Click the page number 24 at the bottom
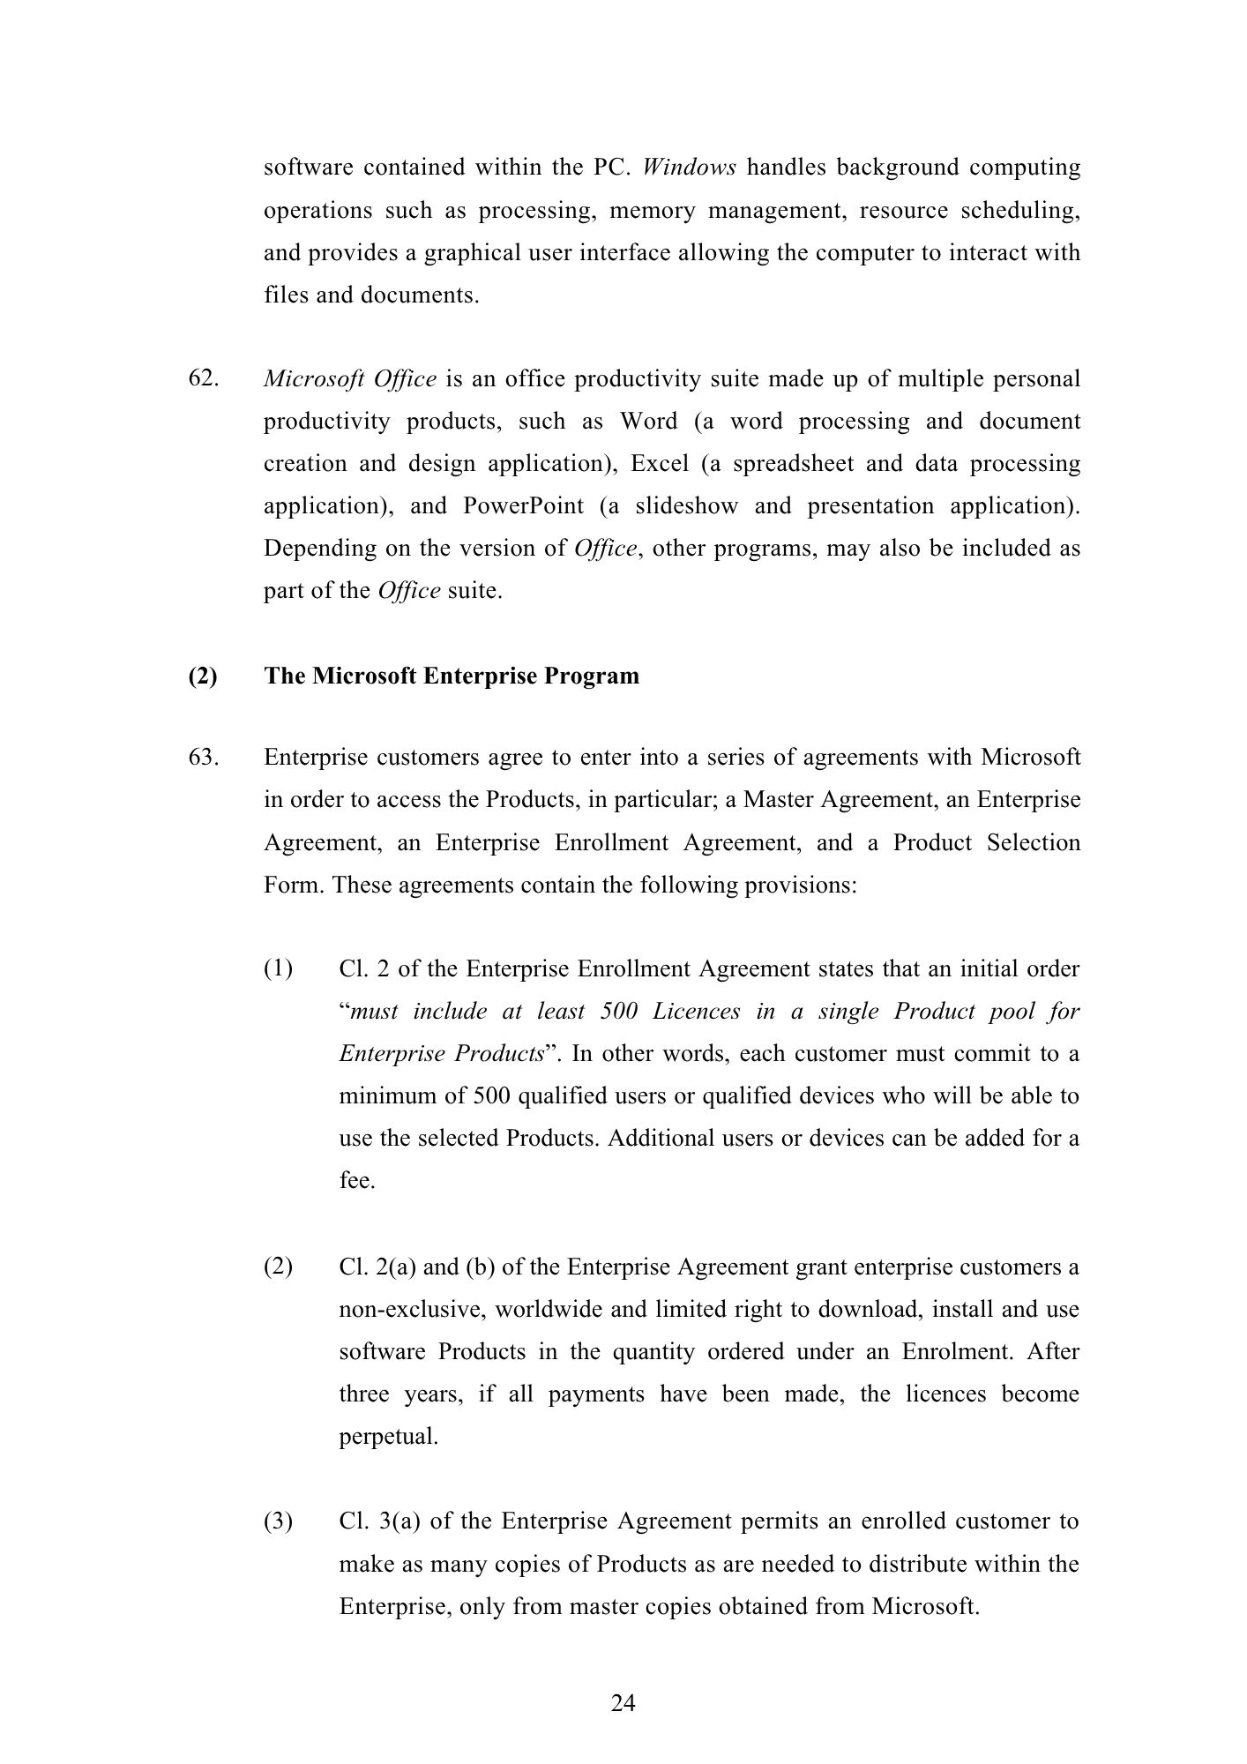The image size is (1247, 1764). pyautogui.click(x=623, y=1703)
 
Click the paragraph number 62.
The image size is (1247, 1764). pyautogui.click(x=204, y=378)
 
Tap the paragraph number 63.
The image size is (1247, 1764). pyautogui.click(x=204, y=757)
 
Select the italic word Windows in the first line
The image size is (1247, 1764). pyautogui.click(x=689, y=168)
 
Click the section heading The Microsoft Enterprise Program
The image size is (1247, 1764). pyautogui.click(x=452, y=676)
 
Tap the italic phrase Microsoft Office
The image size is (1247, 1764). pyautogui.click(x=350, y=379)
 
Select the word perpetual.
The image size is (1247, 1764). pyautogui.click(x=388, y=1437)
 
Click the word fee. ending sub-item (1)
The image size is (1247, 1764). pyautogui.click(x=357, y=1181)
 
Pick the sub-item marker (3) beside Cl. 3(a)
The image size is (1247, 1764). pyautogui.click(x=278, y=1521)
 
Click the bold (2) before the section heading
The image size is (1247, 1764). pyautogui.click(x=202, y=676)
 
